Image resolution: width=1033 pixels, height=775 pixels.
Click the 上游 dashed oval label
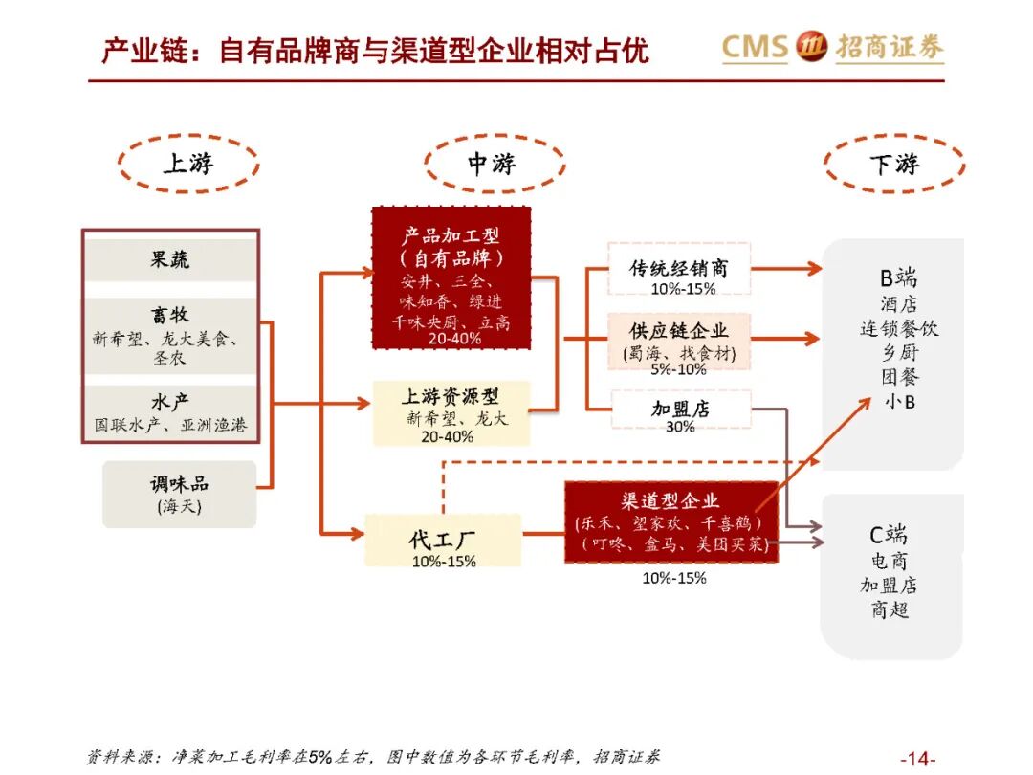(188, 163)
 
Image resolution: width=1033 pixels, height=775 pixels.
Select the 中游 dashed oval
(493, 164)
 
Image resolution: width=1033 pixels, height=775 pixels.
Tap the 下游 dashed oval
(894, 164)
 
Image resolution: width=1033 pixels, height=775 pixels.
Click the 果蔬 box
(169, 259)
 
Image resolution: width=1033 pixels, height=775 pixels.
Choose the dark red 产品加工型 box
(451, 277)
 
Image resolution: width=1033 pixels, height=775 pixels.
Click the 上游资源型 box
(451, 411)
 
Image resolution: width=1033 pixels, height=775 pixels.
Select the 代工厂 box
(443, 541)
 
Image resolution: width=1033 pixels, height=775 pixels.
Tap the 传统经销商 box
(679, 268)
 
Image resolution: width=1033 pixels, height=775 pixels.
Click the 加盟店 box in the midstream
(679, 410)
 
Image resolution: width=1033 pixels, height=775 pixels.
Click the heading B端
(898, 278)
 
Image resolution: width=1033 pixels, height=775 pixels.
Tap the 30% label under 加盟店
(679, 427)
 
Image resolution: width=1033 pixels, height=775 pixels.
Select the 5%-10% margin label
(678, 369)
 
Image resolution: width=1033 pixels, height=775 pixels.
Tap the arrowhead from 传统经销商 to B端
(813, 269)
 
